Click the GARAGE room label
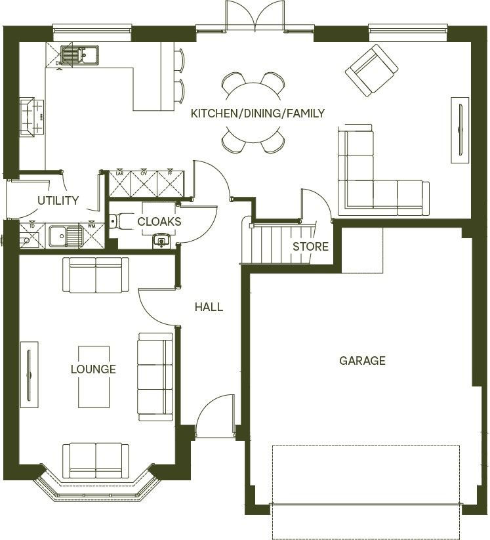362,360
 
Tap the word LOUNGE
93,369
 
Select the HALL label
209,306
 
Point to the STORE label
310,247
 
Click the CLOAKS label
159,222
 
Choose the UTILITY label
58,201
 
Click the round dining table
253,112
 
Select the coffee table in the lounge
93,375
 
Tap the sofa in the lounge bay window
96,461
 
